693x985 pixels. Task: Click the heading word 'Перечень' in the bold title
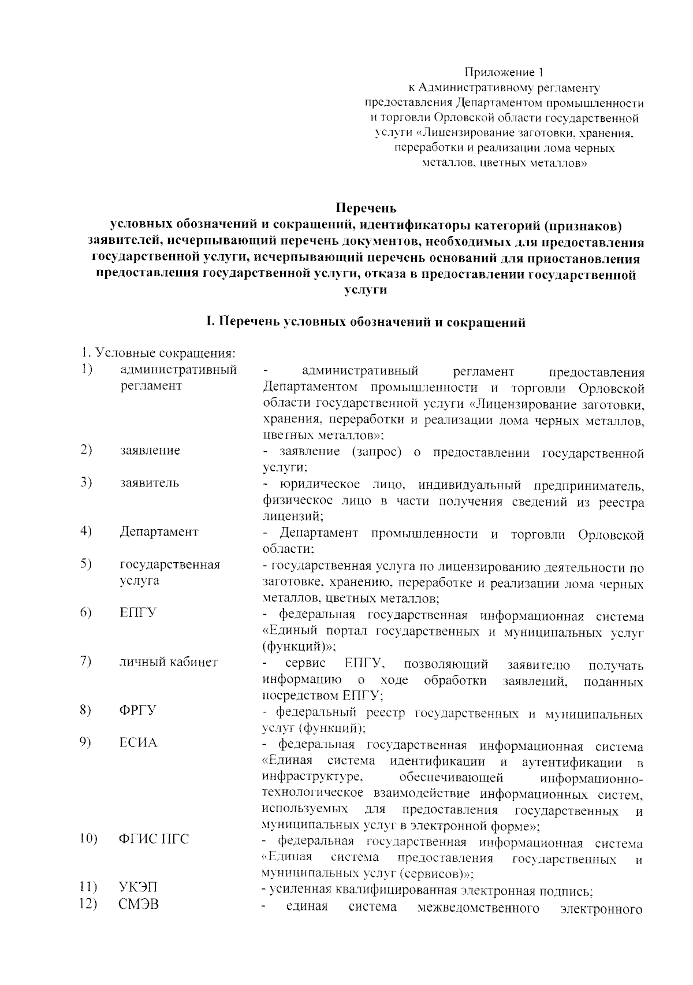[366, 207]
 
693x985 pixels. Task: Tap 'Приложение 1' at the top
[505, 73]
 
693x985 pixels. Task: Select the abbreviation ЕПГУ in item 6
[137, 613]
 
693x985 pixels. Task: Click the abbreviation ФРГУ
[137, 710]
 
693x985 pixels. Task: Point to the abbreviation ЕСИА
[138, 742]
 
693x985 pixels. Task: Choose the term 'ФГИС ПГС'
[154, 839]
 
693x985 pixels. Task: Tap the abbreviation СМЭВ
[139, 904]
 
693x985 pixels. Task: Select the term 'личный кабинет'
[169, 662]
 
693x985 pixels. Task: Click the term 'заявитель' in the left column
[150, 483]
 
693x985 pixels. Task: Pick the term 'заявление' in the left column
[150, 450]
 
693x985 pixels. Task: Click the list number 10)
[89, 839]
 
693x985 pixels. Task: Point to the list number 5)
[87, 564]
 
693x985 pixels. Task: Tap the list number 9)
[87, 742]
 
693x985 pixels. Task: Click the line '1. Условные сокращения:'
[157, 352]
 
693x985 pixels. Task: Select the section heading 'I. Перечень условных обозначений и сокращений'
[366, 322]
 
